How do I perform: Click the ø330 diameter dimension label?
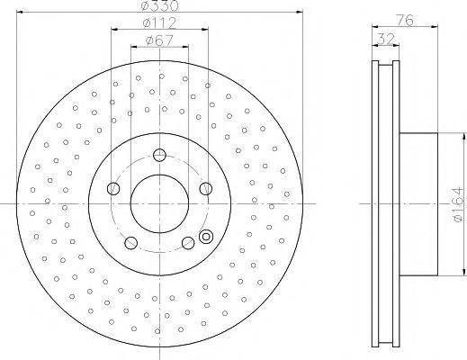160,5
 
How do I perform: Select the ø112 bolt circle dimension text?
159,23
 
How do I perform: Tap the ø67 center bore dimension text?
159,40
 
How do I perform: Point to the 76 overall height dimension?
405,21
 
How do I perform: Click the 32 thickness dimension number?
386,39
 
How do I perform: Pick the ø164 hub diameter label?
459,204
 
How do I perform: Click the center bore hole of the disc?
159,204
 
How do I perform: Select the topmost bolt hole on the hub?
159,155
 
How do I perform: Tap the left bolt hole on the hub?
113,188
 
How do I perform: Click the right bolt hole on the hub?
206,188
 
